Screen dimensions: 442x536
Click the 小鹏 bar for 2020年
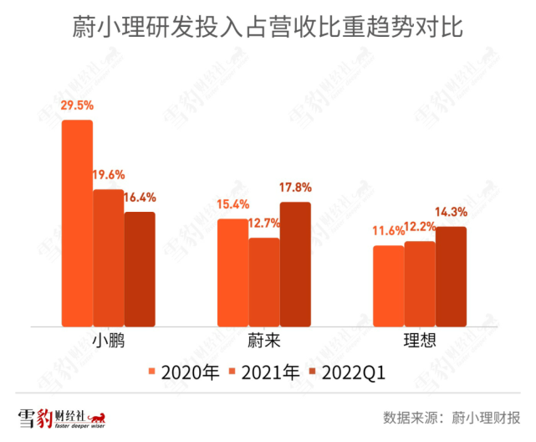pyautogui.click(x=77, y=223)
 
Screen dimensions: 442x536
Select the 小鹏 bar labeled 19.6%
pyautogui.click(x=108, y=258)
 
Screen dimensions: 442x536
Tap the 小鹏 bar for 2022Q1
pyautogui.click(x=140, y=269)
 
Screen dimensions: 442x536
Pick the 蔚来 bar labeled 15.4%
pyautogui.click(x=233, y=272)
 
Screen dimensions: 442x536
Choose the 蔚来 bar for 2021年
pyautogui.click(x=264, y=282)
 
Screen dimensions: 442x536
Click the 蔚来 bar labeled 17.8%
pyautogui.click(x=295, y=264)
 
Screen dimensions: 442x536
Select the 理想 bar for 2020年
pyautogui.click(x=389, y=285)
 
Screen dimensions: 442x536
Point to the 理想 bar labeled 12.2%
pyautogui.click(x=420, y=284)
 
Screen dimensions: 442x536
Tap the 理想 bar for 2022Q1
pyautogui.click(x=451, y=276)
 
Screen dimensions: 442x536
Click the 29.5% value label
pyautogui.click(x=76, y=106)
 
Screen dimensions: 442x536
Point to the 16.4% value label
pyautogui.click(x=139, y=198)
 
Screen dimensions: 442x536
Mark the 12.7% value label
pyautogui.click(x=265, y=224)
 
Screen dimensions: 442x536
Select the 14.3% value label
pyautogui.click(x=451, y=213)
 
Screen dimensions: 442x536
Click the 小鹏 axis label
pyautogui.click(x=109, y=342)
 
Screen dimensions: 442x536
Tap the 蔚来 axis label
pyautogui.click(x=264, y=342)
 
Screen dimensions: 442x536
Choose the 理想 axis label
pyautogui.click(x=421, y=342)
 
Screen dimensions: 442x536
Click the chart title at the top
pyautogui.click(x=268, y=28)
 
